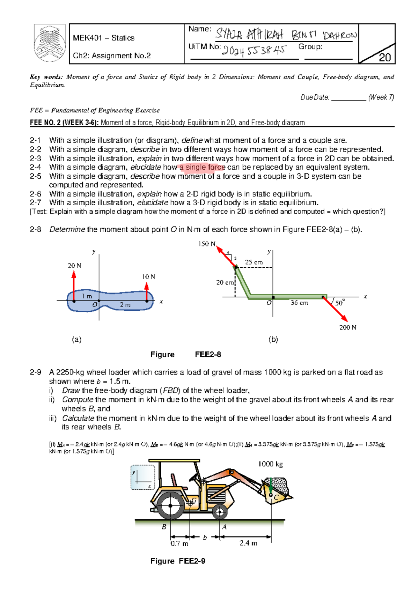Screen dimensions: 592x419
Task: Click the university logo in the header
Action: pos(50,44)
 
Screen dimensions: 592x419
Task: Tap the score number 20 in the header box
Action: pos(384,58)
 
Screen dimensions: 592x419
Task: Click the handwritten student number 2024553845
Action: pos(254,51)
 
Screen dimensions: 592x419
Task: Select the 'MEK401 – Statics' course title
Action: pos(104,38)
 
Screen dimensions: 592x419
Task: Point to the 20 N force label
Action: pos(74,266)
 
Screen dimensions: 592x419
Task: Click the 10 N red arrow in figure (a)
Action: pos(147,291)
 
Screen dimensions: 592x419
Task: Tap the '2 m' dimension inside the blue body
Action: pos(125,305)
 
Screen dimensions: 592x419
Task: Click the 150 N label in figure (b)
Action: pos(207,244)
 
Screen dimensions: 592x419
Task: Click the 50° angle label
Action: pos(340,303)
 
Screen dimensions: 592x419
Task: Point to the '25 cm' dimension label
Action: pos(253,262)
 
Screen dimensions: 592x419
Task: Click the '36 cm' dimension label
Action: pos(300,303)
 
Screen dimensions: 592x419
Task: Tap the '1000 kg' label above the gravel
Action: pos(271,464)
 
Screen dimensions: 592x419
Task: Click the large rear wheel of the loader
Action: pos(170,505)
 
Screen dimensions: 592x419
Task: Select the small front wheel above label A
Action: pos(220,512)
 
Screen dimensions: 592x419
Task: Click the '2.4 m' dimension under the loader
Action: pos(248,543)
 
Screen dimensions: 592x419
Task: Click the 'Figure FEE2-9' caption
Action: pos(178,561)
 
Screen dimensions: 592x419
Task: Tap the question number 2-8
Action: pos(35,229)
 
